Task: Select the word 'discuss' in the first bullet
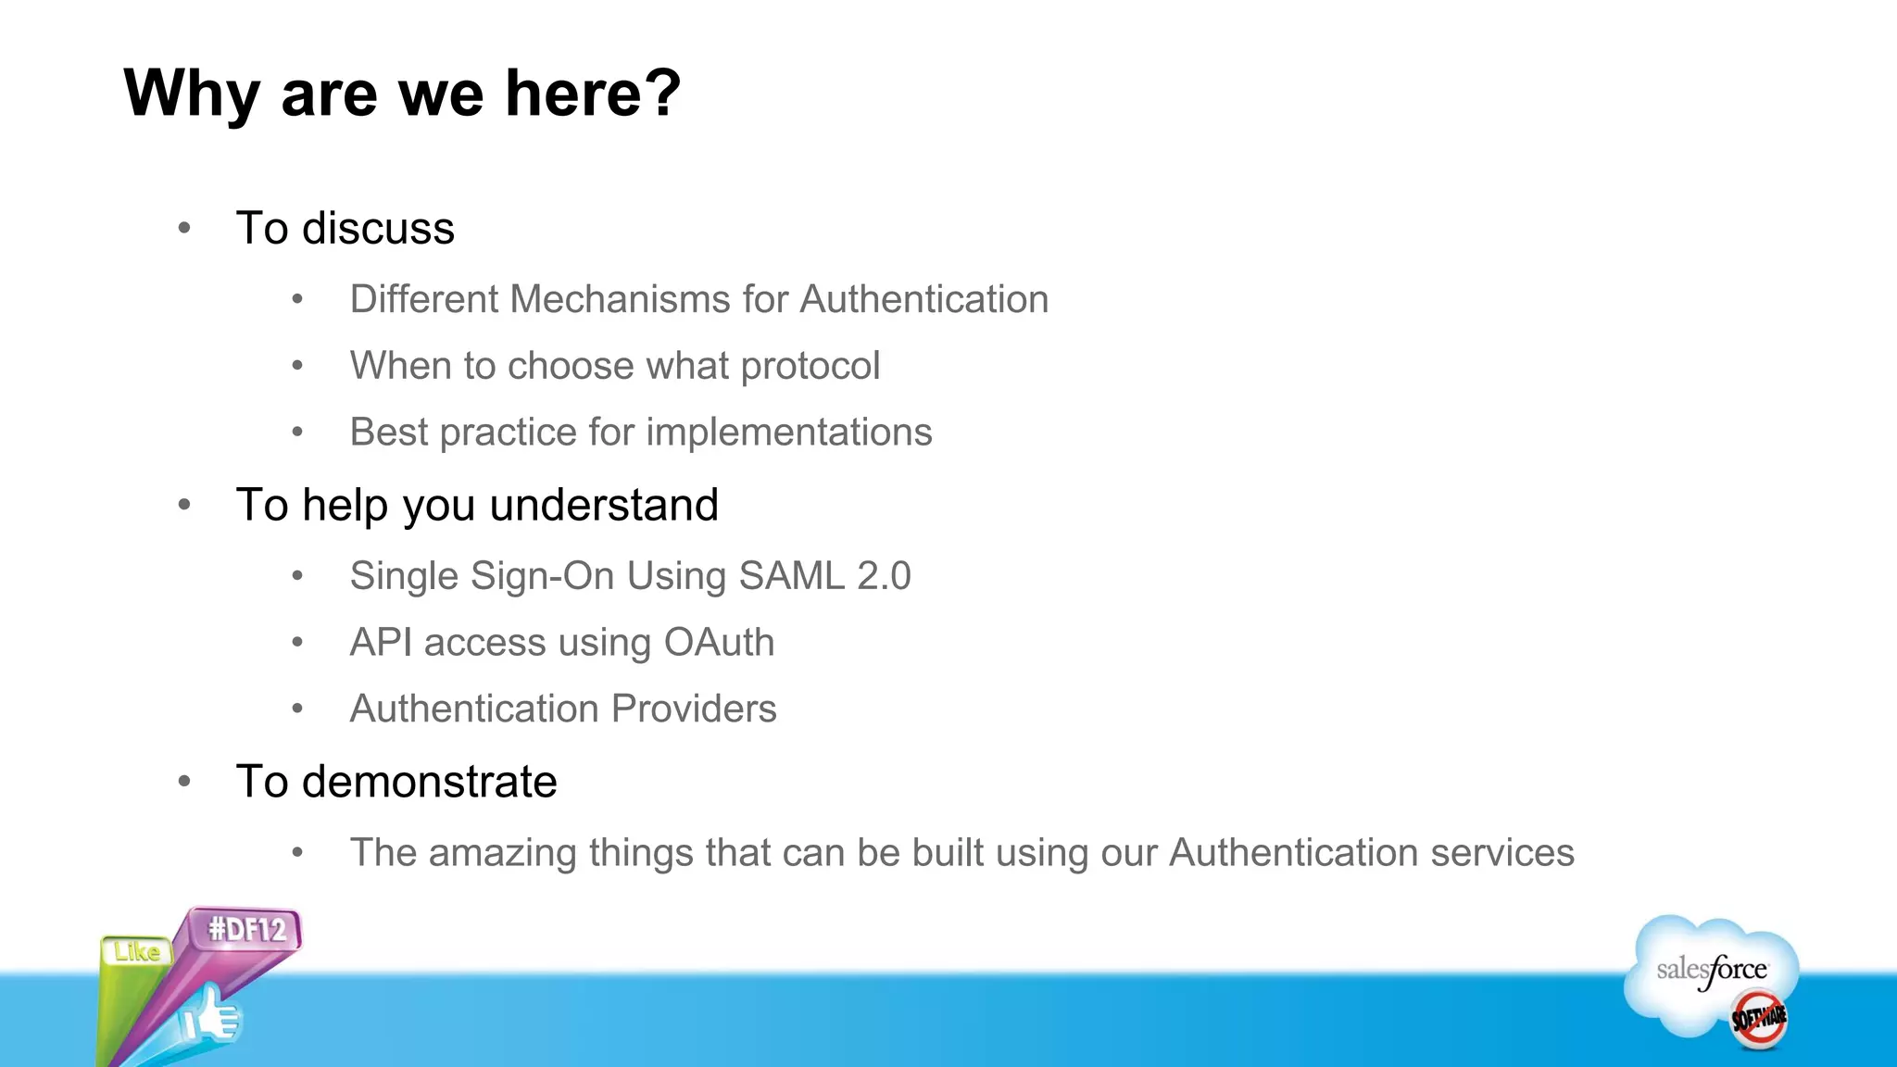378,228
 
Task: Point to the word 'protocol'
810,366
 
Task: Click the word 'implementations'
788,433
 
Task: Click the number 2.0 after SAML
884,575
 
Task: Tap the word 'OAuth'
719,642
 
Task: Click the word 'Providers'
694,709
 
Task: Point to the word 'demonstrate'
429,782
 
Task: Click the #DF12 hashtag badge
246,929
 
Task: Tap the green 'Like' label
136,951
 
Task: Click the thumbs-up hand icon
211,1017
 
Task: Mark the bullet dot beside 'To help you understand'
184,505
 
